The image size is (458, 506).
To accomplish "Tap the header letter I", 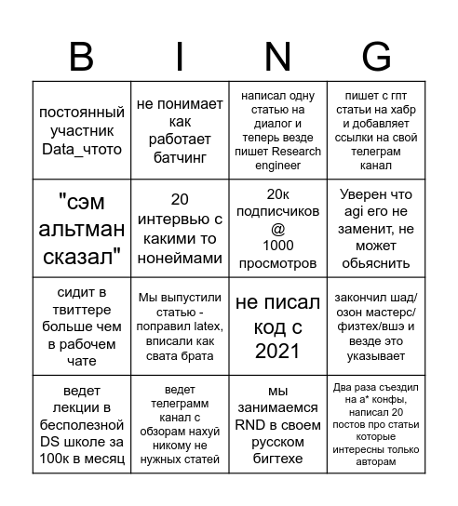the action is click(178, 57).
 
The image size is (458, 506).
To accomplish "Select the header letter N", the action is click(278, 57).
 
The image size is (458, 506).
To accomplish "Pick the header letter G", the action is click(376, 57).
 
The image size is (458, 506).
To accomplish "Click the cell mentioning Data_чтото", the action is click(80, 130).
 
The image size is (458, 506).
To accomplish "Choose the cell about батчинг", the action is click(180, 130).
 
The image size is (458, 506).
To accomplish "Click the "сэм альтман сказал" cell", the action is click(80, 228).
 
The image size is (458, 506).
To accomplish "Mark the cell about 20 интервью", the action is click(180, 228).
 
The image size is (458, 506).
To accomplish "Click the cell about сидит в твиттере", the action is click(80, 326).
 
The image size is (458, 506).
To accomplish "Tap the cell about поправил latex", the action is click(180, 326).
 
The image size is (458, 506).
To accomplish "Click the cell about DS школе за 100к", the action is click(80, 423).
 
